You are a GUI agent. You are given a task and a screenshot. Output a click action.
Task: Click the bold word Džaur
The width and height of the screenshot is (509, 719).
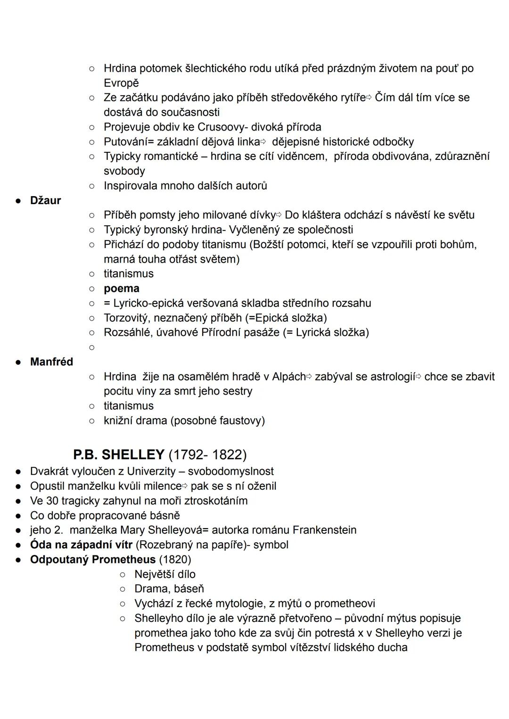point(45,200)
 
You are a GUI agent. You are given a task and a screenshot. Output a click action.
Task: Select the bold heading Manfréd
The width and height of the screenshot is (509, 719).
point(51,362)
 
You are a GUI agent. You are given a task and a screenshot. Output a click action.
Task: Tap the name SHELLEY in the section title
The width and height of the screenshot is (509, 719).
point(133,455)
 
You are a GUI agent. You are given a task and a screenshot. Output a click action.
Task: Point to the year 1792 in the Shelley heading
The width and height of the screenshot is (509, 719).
point(186,455)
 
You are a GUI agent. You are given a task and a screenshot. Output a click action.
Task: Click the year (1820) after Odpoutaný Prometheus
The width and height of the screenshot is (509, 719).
point(175,559)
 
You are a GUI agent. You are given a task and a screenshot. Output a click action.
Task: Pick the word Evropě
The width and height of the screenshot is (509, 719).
point(121,83)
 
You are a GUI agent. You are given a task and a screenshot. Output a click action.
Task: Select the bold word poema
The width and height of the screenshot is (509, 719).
point(121,288)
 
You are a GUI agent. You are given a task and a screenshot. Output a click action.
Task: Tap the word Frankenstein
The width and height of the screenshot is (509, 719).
point(324,530)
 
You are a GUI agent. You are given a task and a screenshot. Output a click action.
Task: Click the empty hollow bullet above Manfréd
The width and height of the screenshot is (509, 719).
point(92,347)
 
